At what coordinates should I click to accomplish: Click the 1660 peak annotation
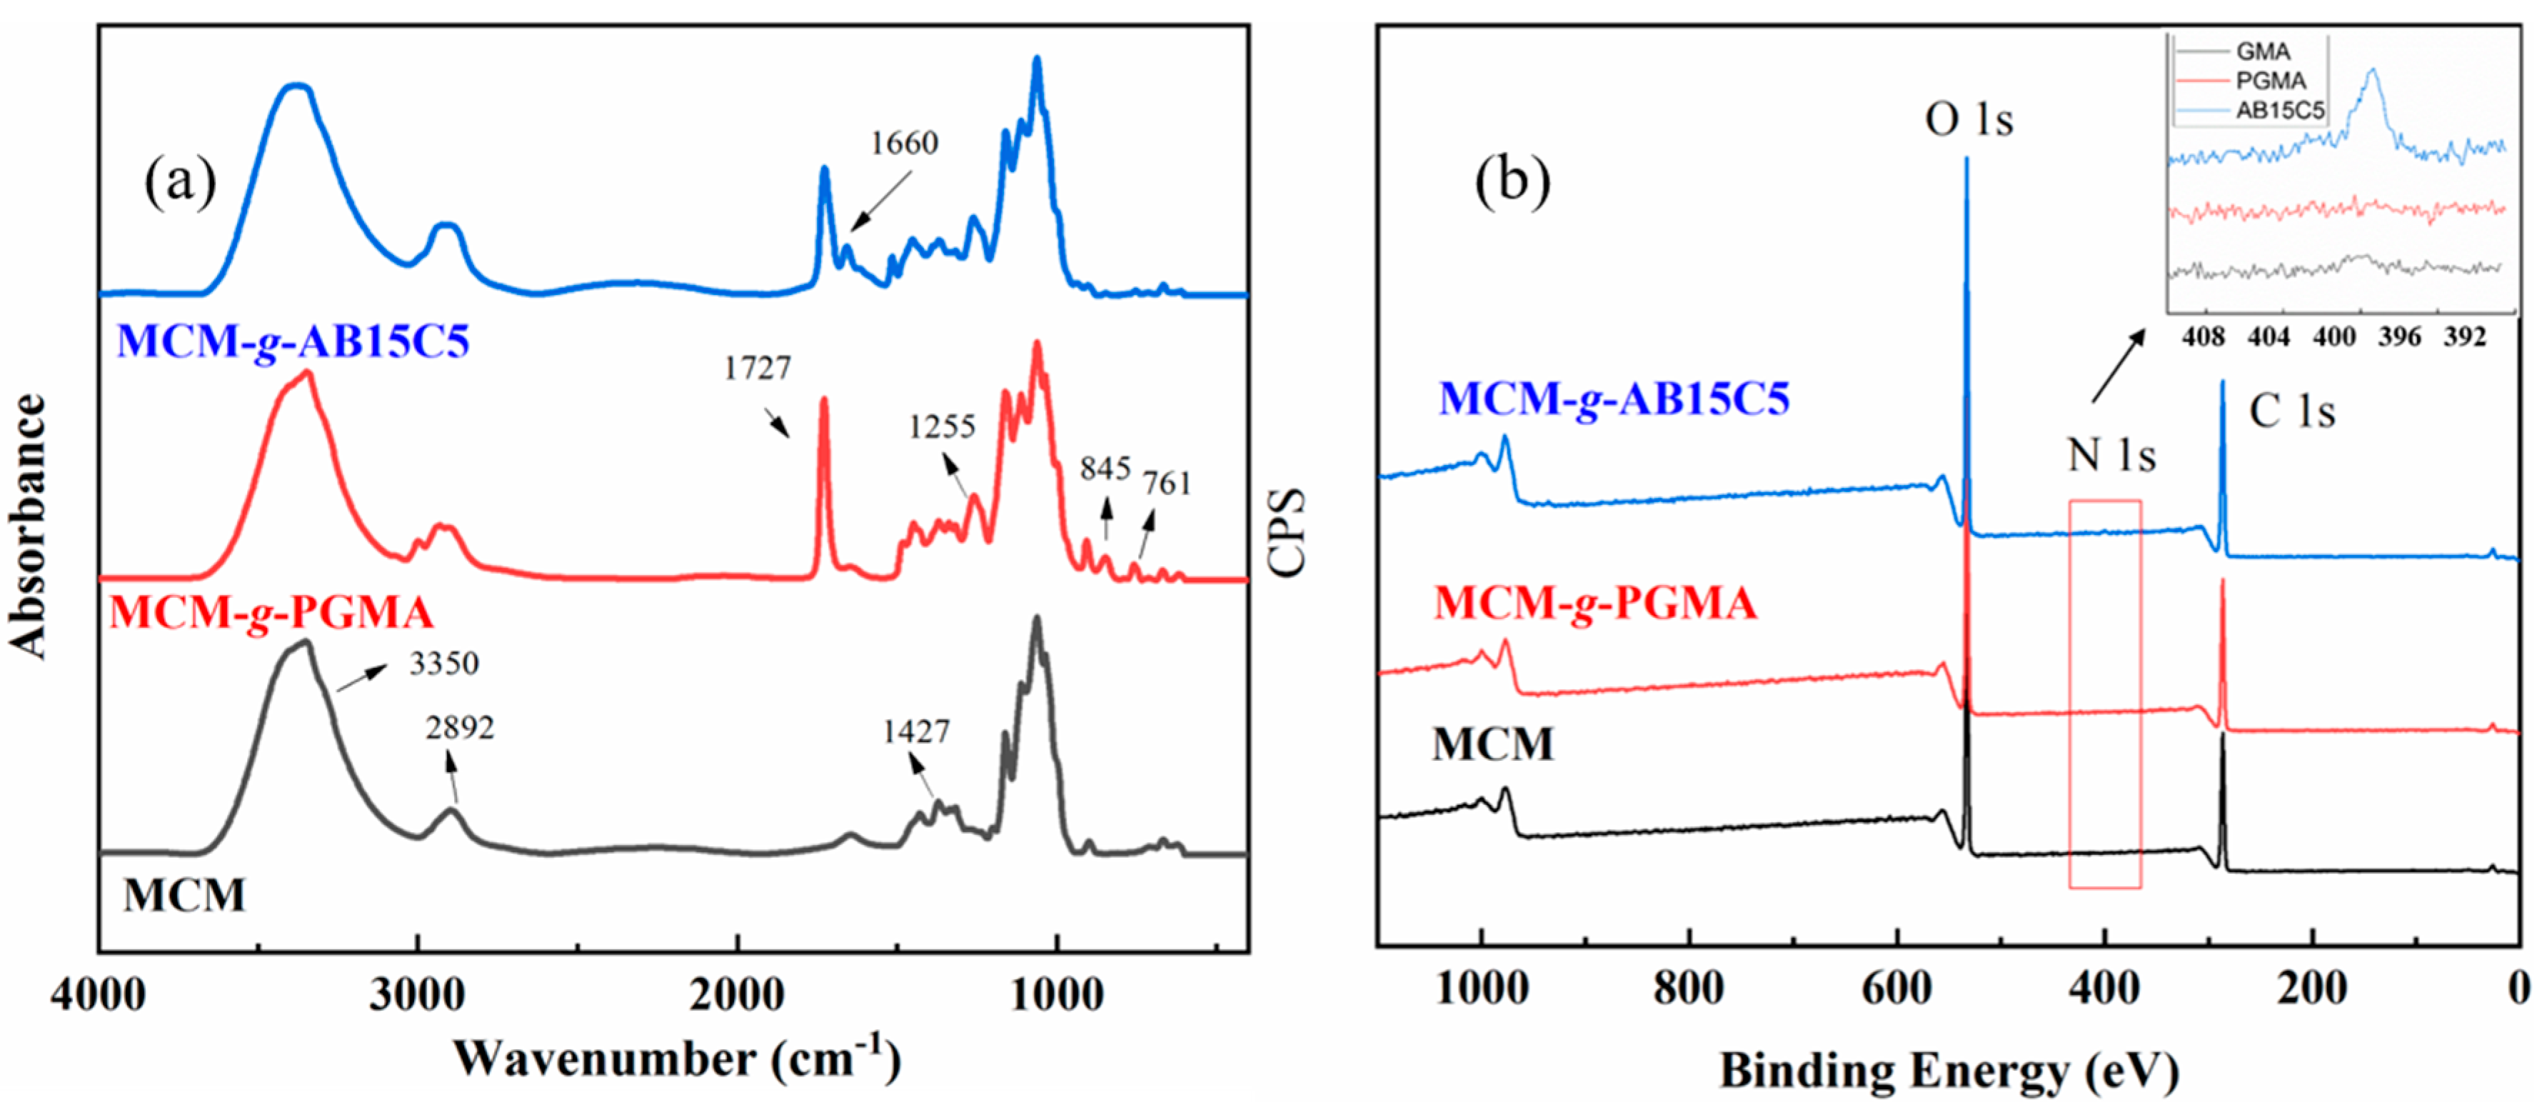(x=903, y=144)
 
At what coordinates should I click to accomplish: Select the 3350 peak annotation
(x=444, y=664)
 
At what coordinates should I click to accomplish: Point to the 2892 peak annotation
(x=459, y=728)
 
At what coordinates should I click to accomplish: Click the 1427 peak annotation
(x=916, y=732)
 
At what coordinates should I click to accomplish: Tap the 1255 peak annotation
(x=942, y=426)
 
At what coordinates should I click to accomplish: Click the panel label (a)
(x=180, y=182)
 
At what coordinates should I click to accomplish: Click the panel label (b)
(x=1512, y=182)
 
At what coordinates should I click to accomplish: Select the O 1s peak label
(x=1969, y=120)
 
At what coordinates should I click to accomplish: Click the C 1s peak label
(x=2292, y=411)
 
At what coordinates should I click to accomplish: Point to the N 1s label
(x=2111, y=455)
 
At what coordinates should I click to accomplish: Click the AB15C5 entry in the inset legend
(x=2279, y=110)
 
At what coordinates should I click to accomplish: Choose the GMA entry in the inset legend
(x=2262, y=52)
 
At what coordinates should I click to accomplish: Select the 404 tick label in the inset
(x=2268, y=338)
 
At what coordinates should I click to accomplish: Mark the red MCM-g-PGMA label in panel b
(x=1594, y=603)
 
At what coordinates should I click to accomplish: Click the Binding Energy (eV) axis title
(x=1949, y=1071)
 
